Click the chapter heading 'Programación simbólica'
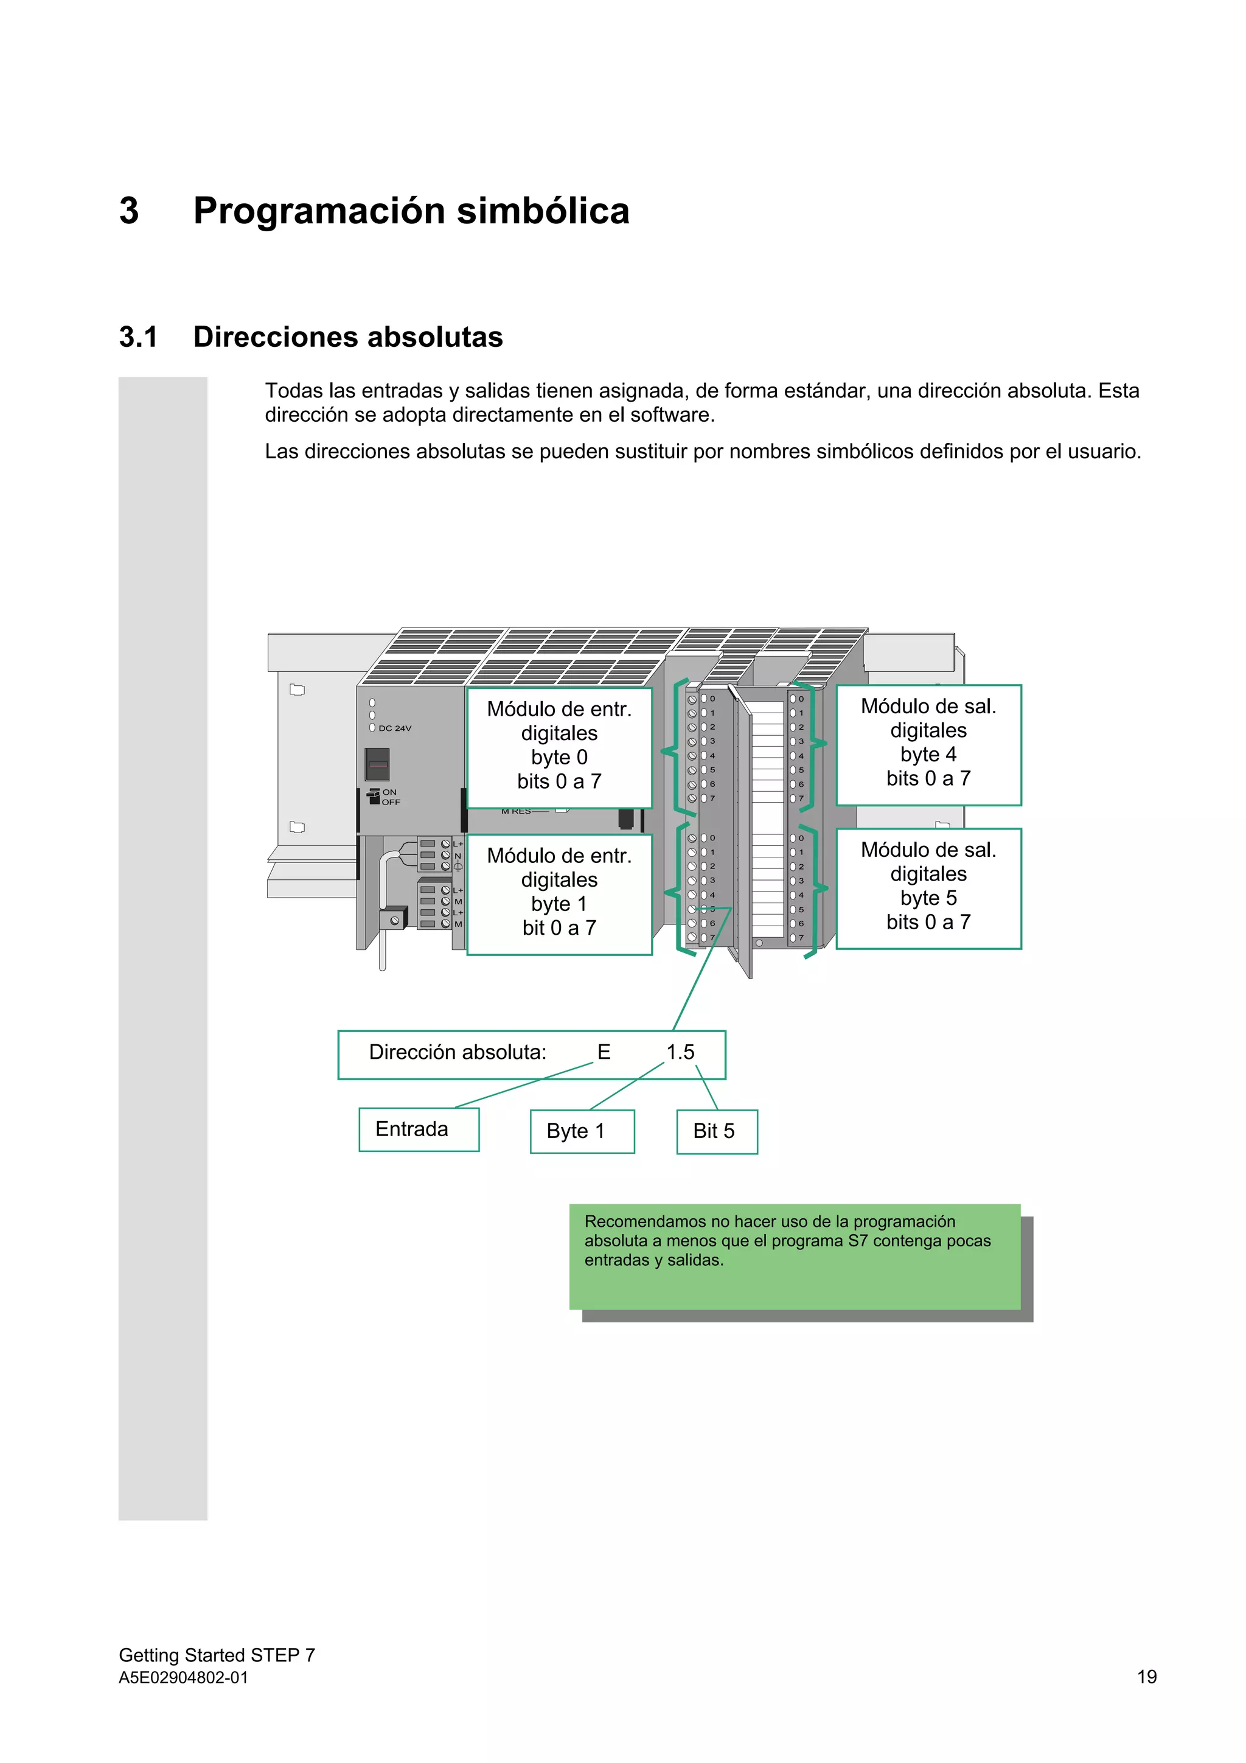[411, 211]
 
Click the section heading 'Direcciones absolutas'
[348, 337]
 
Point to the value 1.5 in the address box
[680, 1052]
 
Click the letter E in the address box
[604, 1052]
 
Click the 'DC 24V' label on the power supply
[395, 728]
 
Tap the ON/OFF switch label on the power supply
[390, 797]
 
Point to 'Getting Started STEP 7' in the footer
[217, 1655]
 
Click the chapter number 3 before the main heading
[129, 211]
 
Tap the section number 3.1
[138, 337]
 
